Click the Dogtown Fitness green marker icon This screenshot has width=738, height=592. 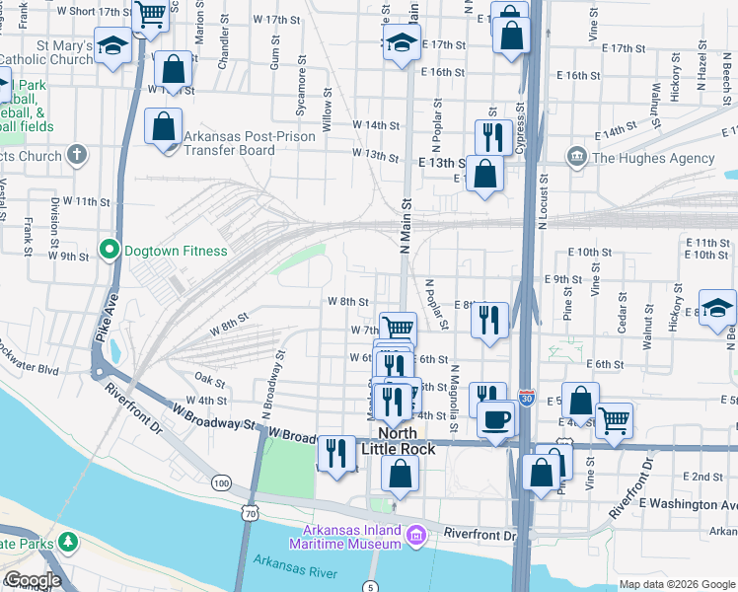pyautogui.click(x=112, y=251)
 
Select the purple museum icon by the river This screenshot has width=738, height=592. pyautogui.click(x=416, y=536)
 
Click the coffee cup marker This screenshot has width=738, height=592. pyautogui.click(x=495, y=418)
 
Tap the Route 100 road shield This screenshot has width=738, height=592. pyautogui.click(x=222, y=482)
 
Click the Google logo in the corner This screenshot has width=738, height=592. pyautogui.click(x=32, y=580)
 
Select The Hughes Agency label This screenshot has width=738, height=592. pyautogui.click(x=652, y=158)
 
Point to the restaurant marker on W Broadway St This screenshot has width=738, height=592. pyautogui.click(x=336, y=453)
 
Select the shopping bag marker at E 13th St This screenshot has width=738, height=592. pyautogui.click(x=485, y=174)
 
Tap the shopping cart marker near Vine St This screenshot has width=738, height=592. pyautogui.click(x=615, y=420)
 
